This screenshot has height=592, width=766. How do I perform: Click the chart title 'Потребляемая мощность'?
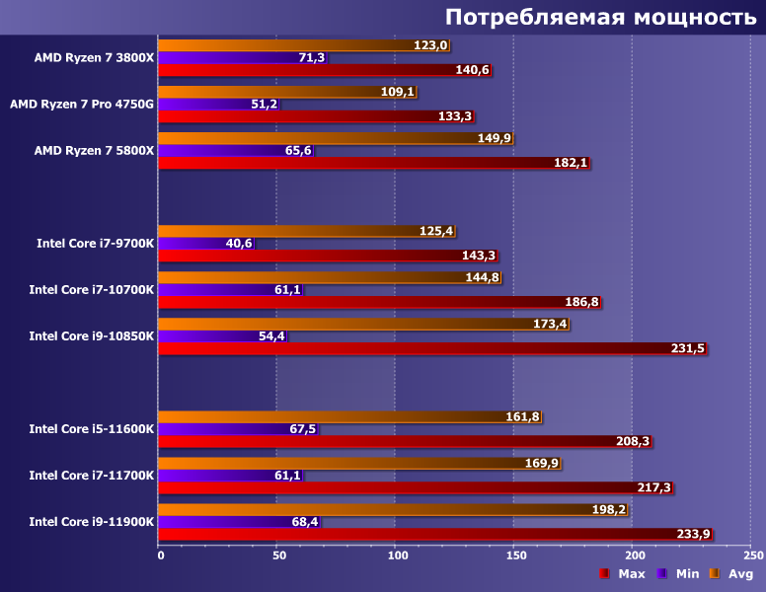point(600,18)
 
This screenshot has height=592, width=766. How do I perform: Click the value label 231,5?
point(687,348)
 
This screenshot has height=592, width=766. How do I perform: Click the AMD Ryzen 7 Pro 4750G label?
point(82,104)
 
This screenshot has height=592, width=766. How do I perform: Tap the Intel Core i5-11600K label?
point(92,428)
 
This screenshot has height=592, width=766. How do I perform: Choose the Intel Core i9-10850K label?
point(92,335)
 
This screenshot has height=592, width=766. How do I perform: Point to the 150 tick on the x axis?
point(513,555)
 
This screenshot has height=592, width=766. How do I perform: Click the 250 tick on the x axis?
point(750,555)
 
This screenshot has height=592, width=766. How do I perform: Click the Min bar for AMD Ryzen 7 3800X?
point(227,57)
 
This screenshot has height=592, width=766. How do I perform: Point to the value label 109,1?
point(398,92)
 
